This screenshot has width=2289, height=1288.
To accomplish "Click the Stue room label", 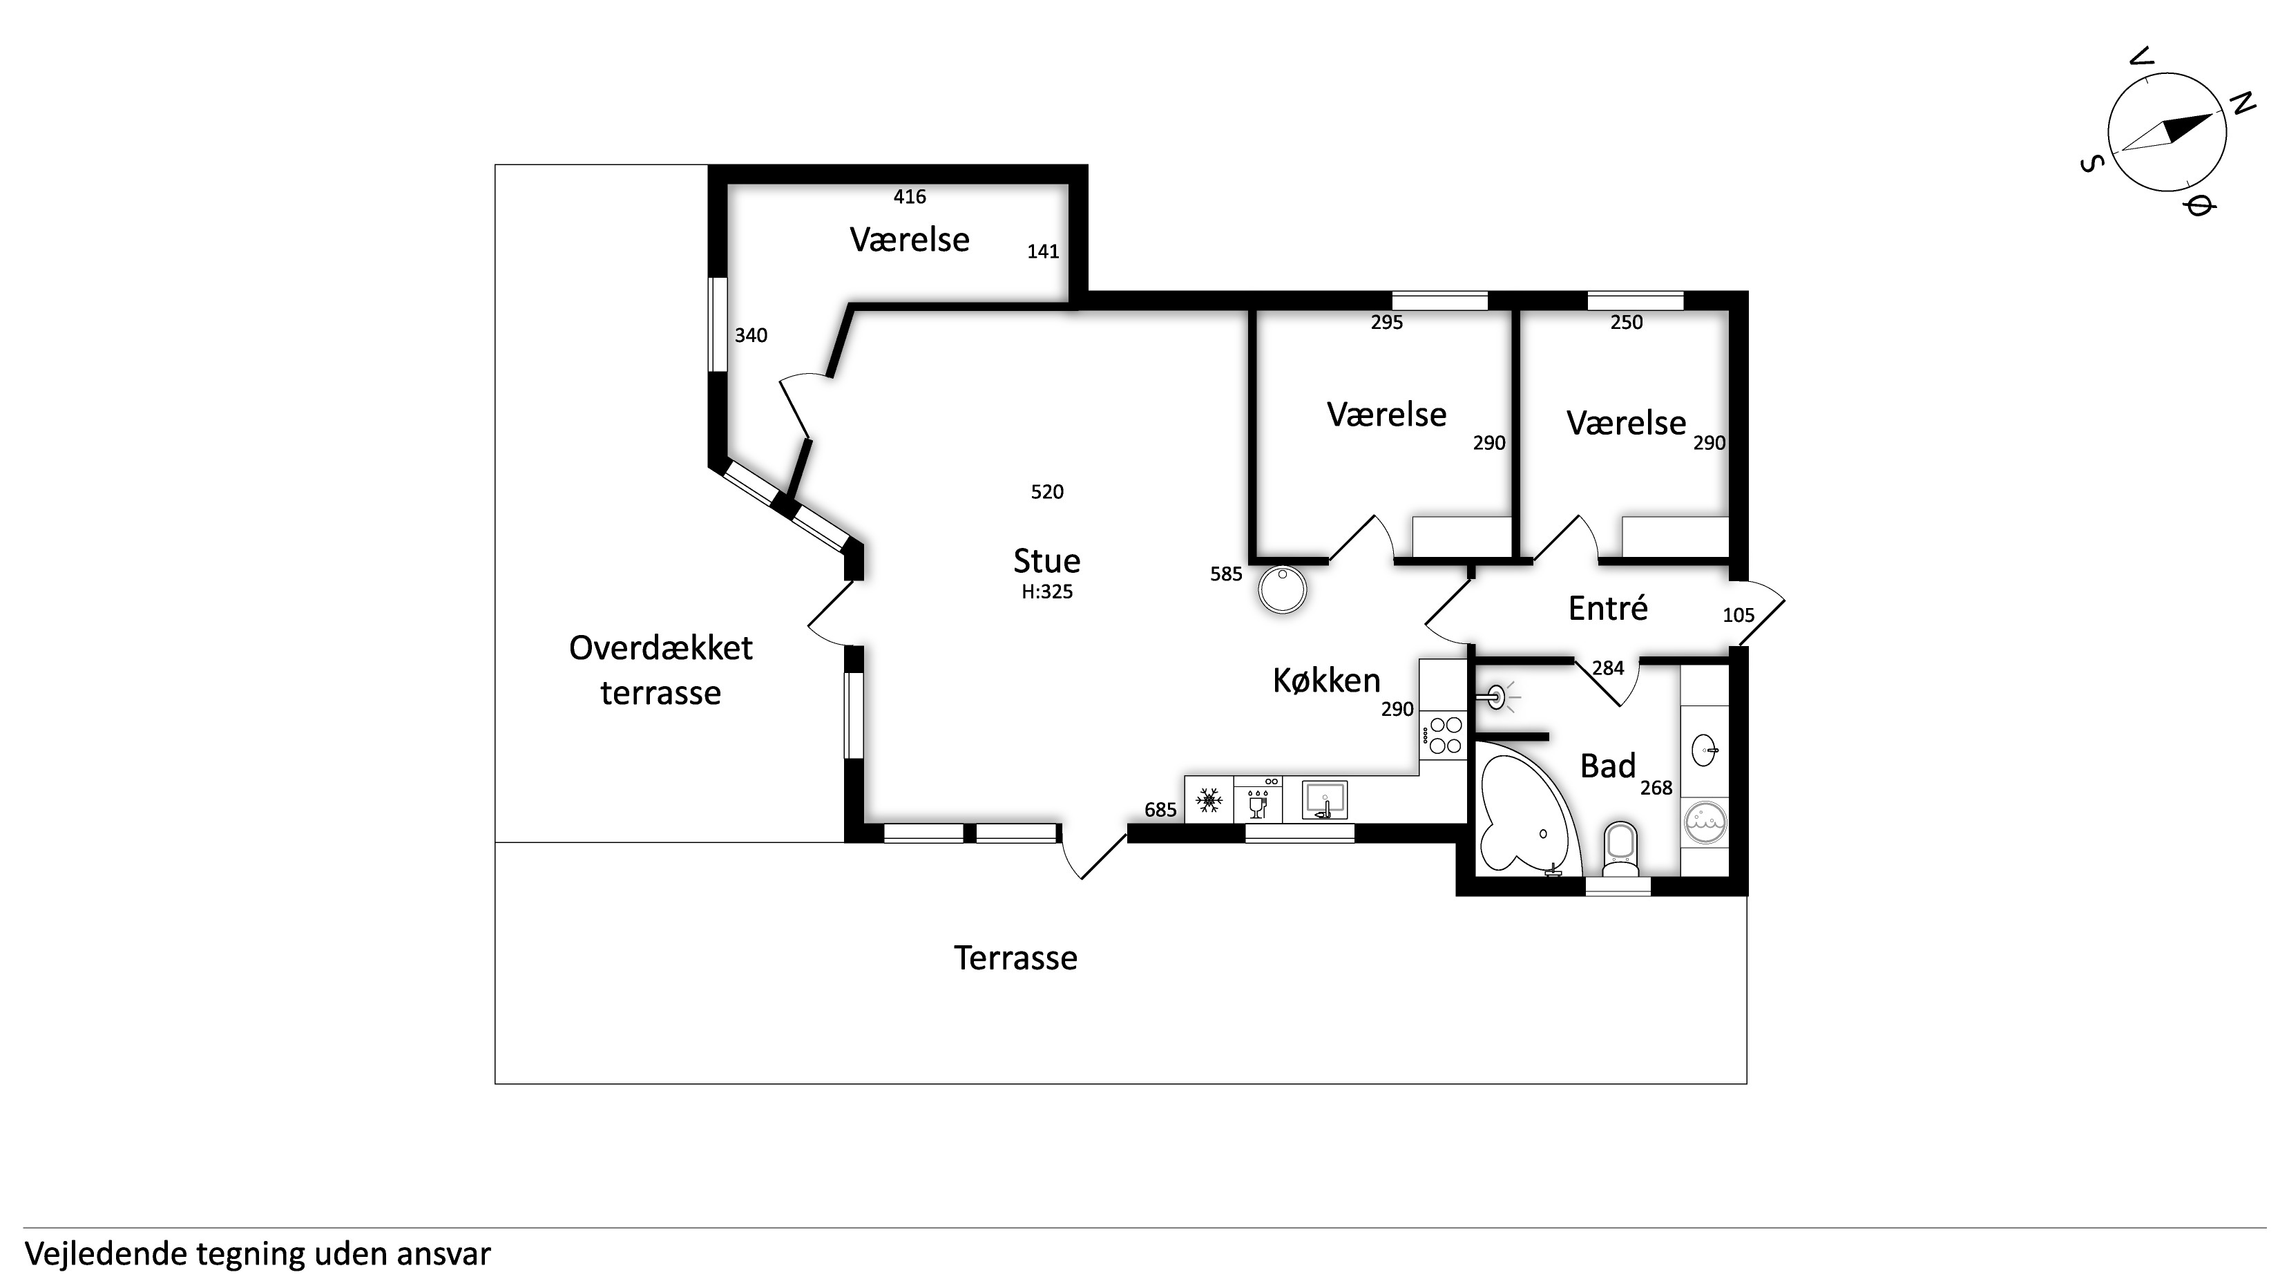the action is [x=1046, y=561].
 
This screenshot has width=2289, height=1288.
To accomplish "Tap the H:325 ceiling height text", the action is [x=1046, y=592].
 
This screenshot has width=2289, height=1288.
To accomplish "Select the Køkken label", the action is [x=1327, y=681].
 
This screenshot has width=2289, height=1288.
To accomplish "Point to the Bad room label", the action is [x=1607, y=766].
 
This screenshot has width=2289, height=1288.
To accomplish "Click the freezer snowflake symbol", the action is [x=1209, y=800].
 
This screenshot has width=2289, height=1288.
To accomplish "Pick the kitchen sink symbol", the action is [x=1324, y=800].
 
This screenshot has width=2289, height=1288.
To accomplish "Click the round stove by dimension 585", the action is [x=1282, y=590].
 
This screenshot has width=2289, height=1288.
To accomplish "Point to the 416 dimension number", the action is [x=910, y=196].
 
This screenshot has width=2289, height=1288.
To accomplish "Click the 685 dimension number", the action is [x=1160, y=810].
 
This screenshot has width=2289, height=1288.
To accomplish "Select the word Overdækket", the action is [x=660, y=648].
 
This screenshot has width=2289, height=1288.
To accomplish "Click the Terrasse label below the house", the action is [x=1015, y=958].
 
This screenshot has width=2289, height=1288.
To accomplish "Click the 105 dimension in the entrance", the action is [x=1738, y=615].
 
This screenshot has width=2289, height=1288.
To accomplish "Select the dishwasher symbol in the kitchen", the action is [x=1258, y=800].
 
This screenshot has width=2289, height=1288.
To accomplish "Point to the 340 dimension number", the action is [x=751, y=335].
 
